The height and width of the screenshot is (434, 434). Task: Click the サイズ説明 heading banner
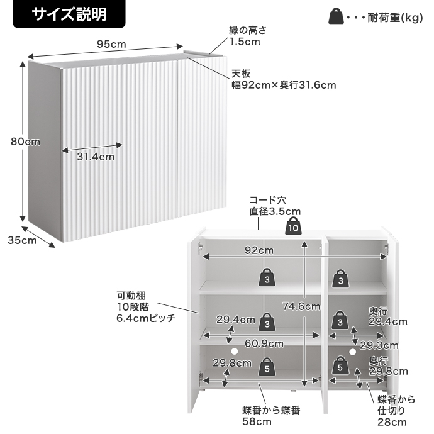point(69,14)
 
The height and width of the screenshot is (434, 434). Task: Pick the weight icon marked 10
point(293,227)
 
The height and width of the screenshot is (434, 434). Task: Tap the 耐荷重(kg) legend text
point(394,17)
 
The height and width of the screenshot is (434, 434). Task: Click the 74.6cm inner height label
point(298,306)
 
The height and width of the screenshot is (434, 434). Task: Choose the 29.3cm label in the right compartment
point(379,345)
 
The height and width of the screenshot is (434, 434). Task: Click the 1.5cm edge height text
point(245,42)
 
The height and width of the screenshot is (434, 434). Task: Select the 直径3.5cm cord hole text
point(275,211)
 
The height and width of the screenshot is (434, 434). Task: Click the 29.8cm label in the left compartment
point(231,363)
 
